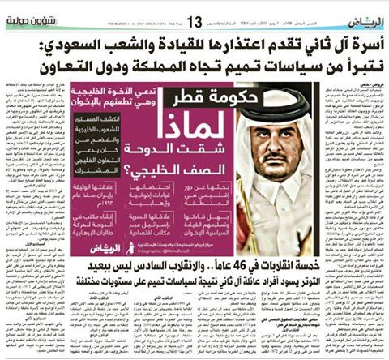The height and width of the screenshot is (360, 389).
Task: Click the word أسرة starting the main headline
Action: pos(363,41)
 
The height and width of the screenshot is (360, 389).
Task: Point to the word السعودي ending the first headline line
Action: pos(34,41)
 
